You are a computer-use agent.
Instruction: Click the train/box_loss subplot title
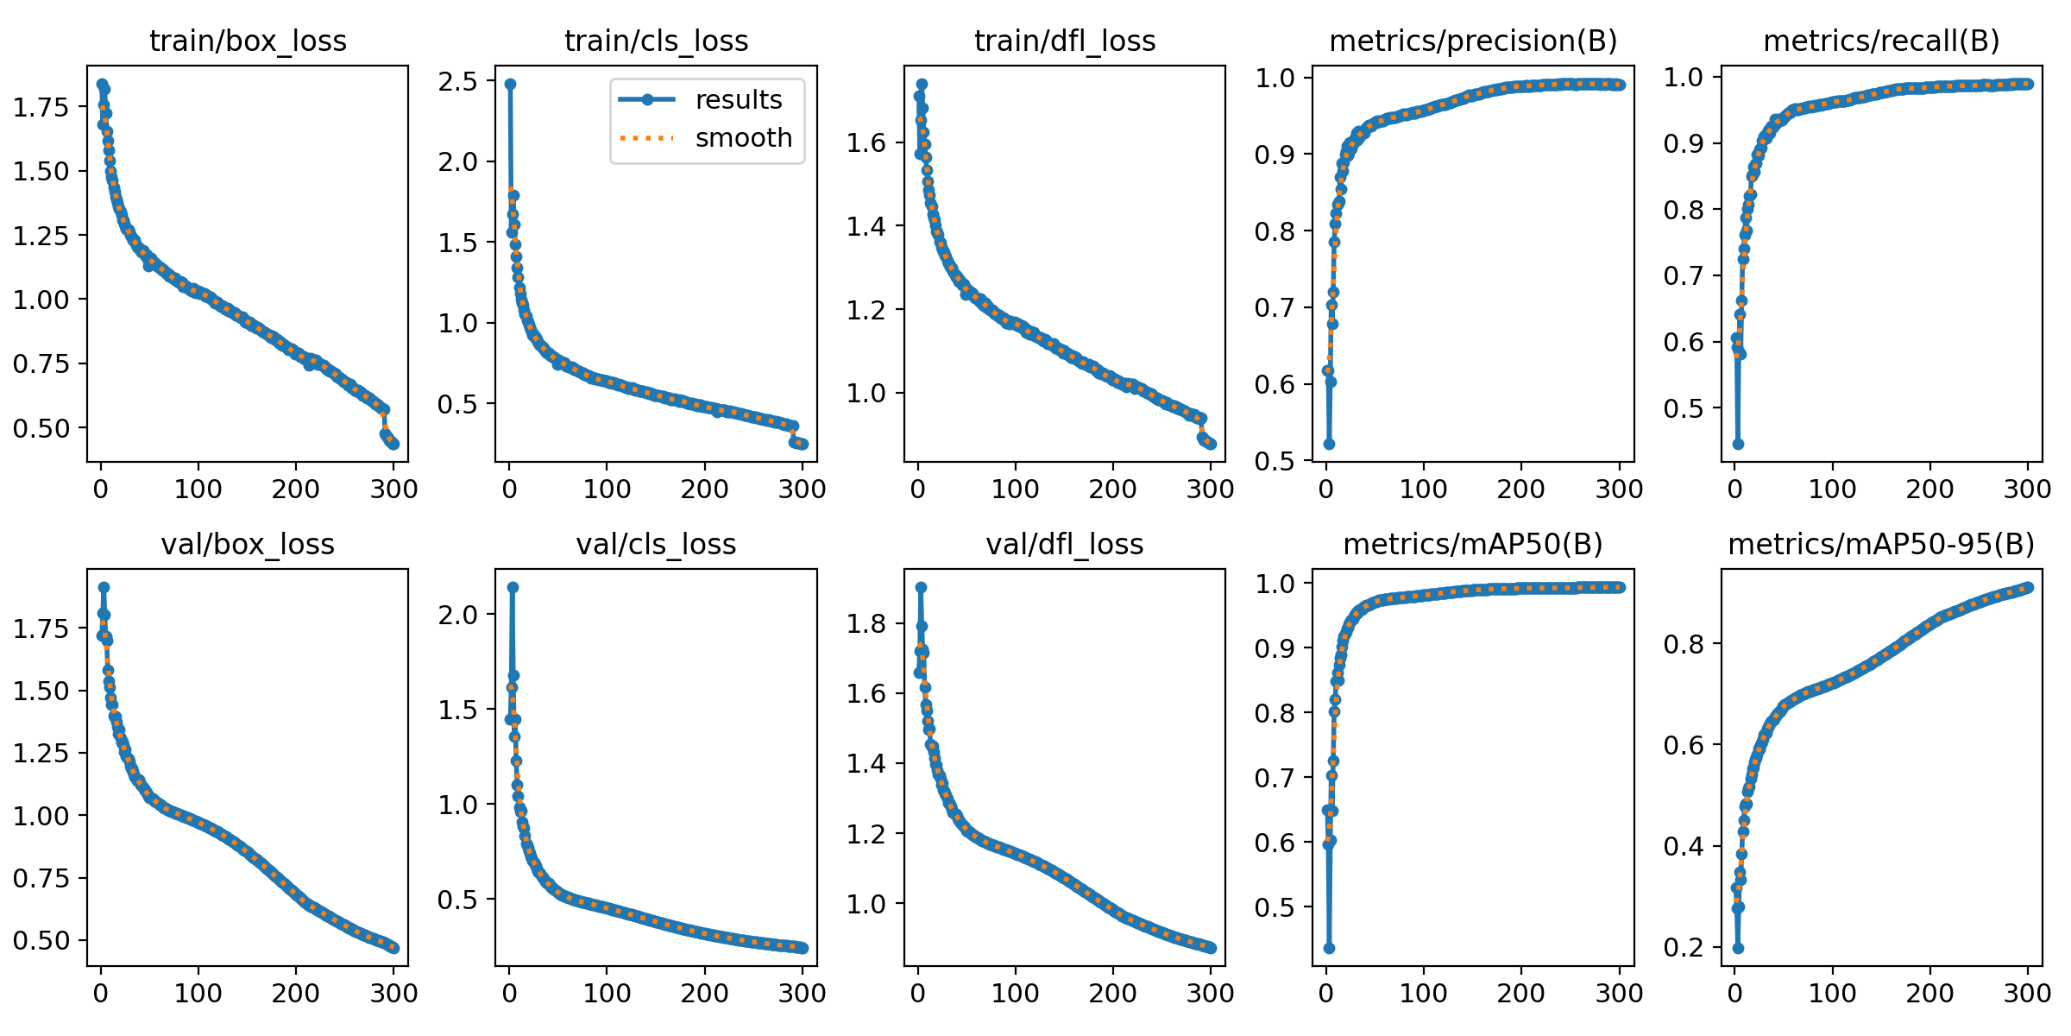tap(248, 41)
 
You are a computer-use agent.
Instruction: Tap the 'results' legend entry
tap(738, 100)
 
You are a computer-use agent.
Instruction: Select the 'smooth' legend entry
tap(743, 138)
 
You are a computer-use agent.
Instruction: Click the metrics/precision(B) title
tap(1473, 41)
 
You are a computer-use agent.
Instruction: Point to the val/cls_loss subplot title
tap(656, 545)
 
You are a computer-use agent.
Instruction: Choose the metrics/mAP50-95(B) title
tap(1881, 545)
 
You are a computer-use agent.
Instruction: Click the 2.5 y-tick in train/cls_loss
tap(457, 82)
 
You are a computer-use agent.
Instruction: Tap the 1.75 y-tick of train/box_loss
tap(40, 107)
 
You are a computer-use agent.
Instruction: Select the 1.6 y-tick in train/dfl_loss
tap(866, 143)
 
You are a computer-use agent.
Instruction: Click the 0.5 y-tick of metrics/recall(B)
tap(1684, 408)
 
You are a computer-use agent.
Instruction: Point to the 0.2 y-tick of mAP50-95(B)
tap(1684, 948)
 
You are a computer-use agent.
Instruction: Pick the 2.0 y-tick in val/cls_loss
tap(457, 615)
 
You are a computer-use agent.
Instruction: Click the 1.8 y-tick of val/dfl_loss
tap(866, 624)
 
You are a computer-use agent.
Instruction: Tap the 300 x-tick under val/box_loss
tap(393, 994)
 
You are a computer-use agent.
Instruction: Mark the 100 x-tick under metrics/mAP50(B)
tap(1423, 994)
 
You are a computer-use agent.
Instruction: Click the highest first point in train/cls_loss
tap(510, 84)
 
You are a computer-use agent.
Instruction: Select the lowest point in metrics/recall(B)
tap(1738, 444)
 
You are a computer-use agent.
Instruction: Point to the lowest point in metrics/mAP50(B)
tap(1329, 948)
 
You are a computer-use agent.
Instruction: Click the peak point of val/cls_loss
tap(513, 587)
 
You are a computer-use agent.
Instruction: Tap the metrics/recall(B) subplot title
tap(1881, 41)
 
